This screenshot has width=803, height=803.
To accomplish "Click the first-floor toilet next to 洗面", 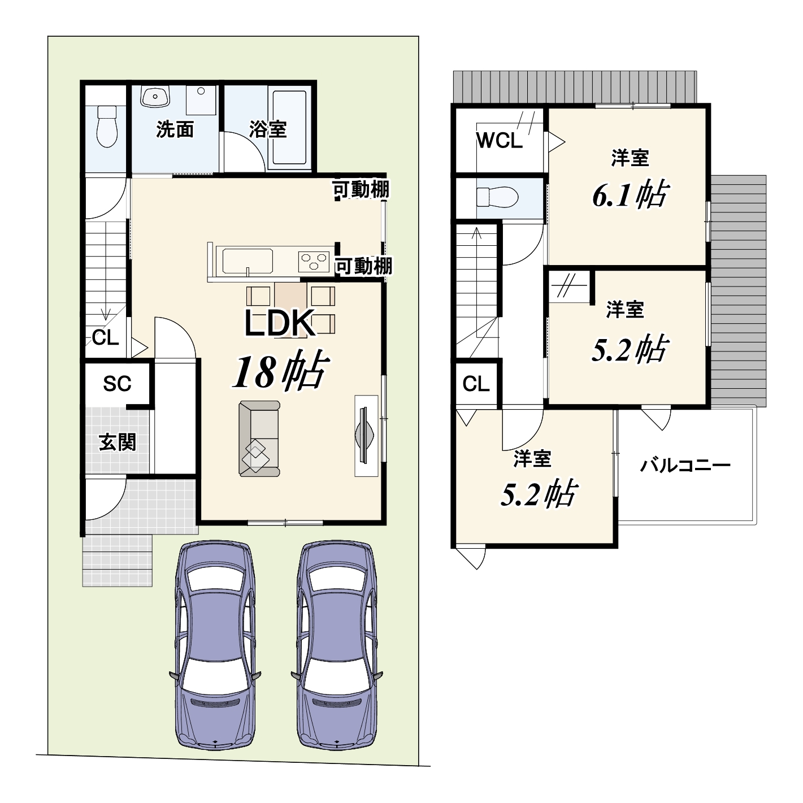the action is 107,126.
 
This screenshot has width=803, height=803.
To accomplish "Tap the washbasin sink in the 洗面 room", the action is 155,96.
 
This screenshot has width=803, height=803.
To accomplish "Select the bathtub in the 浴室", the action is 290,128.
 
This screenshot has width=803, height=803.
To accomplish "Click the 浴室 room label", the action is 268,129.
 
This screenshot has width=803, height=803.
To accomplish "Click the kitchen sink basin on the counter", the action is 248,261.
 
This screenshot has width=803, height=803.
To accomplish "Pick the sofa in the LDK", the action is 259,439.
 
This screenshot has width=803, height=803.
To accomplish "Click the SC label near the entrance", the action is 117,384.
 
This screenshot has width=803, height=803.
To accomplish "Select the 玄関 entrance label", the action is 118,442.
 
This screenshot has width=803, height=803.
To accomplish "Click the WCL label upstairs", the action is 499,141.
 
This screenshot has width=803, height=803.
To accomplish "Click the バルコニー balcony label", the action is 685,465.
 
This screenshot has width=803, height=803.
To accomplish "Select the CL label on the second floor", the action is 475,384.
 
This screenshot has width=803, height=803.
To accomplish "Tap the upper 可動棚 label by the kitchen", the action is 361,190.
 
